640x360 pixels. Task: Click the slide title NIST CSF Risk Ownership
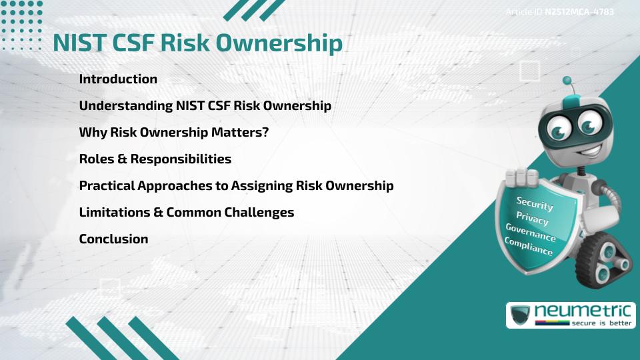197,43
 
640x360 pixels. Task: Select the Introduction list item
118,79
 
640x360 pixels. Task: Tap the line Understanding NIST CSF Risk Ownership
205,106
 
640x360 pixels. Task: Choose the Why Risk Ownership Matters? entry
173,133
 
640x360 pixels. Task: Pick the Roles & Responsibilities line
155,159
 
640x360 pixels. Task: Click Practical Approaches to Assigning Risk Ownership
236,186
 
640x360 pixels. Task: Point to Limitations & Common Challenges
186,213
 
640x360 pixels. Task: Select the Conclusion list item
113,239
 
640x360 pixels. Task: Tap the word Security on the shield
535,204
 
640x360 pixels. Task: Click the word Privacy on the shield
532,219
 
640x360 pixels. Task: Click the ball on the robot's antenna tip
567,81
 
